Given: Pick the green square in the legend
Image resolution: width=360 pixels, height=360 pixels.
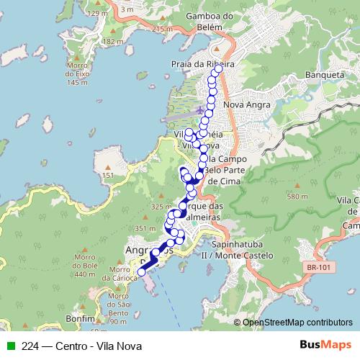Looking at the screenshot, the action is coord(10,346).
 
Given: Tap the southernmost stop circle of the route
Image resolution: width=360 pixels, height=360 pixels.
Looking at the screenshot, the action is coord(142,272).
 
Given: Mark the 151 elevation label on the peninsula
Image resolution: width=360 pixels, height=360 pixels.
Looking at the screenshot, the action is coord(108,176).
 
